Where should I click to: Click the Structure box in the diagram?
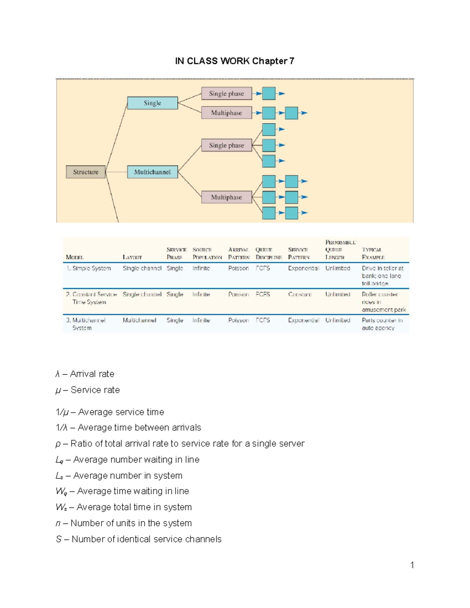pyautogui.click(x=86, y=172)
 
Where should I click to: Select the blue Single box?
pyautogui.click(x=152, y=103)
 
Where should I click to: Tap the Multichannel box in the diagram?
pyautogui.click(x=152, y=172)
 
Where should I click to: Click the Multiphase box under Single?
pyautogui.click(x=226, y=113)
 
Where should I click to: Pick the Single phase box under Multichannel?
pyautogui.click(x=226, y=145)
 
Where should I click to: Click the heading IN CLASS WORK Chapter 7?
pyautogui.click(x=235, y=61)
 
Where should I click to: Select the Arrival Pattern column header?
pyautogui.click(x=239, y=253)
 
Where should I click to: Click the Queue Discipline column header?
pyautogui.click(x=268, y=253)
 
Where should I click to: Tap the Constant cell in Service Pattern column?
pyautogui.click(x=300, y=294)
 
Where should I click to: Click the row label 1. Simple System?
pyautogui.click(x=89, y=268)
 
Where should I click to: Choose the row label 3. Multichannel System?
pyautogui.click(x=86, y=324)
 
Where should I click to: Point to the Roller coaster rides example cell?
pyautogui.click(x=383, y=302)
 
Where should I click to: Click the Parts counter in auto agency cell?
pyautogui.click(x=382, y=324)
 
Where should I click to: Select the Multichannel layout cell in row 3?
pyautogui.click(x=139, y=320)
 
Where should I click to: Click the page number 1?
pyautogui.click(x=412, y=565)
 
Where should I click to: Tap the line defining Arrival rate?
pyautogui.click(x=85, y=374)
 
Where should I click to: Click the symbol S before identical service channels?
pyautogui.click(x=59, y=539)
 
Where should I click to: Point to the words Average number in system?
pyautogui.click(x=128, y=476)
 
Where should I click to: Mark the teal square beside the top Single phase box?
pyautogui.click(x=269, y=94)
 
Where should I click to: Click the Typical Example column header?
pyautogui.click(x=373, y=253)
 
